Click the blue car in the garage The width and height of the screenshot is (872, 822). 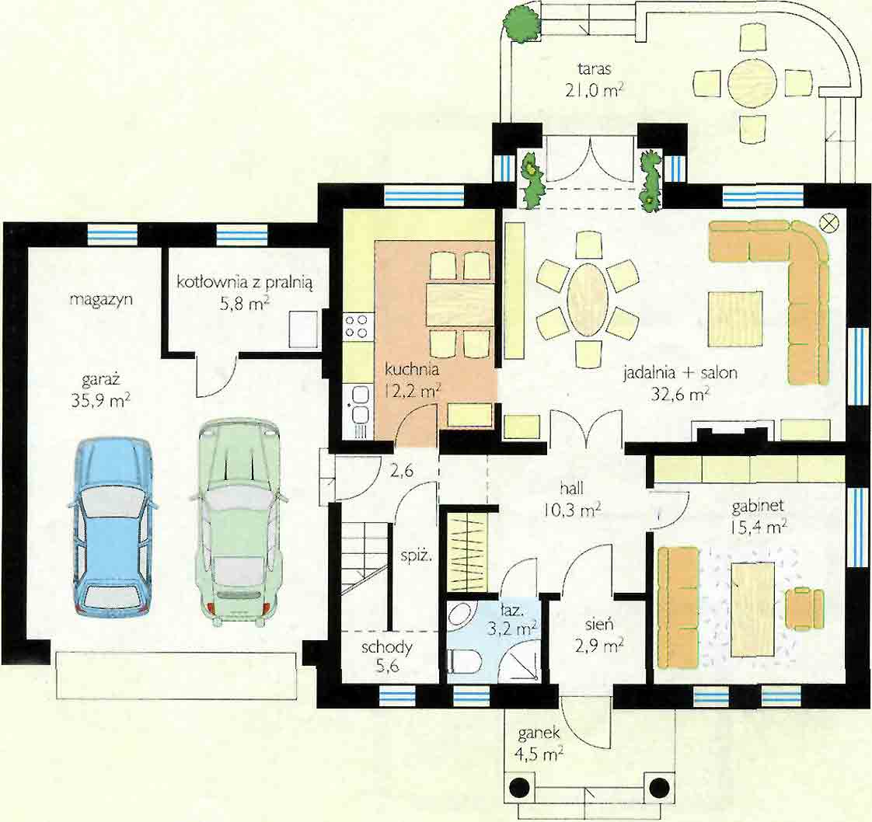coord(113,526)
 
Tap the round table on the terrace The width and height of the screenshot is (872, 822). coord(752,83)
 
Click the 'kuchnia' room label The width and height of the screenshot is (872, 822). coord(412,368)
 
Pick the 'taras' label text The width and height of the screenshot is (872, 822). coord(594,69)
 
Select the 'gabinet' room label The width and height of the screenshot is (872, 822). coord(758,506)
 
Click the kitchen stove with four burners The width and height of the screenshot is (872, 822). coord(357,326)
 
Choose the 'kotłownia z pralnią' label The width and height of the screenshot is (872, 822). coord(245,282)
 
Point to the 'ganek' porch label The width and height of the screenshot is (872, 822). coord(539,734)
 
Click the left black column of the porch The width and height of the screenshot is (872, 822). coord(519,787)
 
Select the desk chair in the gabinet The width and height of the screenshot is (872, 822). coord(804,608)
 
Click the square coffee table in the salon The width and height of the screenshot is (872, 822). coord(735,318)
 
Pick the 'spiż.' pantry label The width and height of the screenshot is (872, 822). coord(416,556)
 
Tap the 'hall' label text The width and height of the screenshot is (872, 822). coord(572,489)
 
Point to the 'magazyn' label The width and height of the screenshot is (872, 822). coord(101,300)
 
